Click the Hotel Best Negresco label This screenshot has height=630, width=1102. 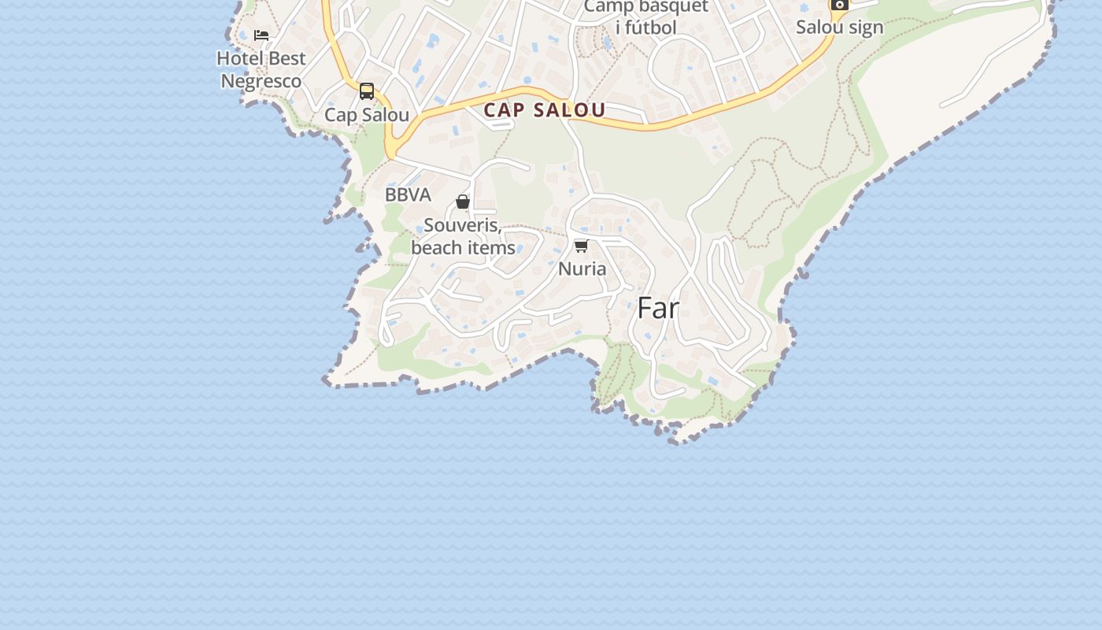(x=261, y=69)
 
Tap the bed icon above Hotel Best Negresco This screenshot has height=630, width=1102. (x=261, y=35)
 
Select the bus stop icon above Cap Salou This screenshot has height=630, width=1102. (x=367, y=91)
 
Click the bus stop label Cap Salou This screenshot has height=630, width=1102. (x=367, y=115)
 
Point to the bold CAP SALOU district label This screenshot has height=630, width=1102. (x=545, y=110)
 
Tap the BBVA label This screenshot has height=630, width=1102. (x=408, y=195)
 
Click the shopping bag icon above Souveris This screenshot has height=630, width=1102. (x=463, y=202)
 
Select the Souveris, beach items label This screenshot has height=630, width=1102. (x=463, y=236)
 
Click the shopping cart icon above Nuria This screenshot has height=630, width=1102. (x=582, y=246)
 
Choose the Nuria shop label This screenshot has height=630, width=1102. (x=582, y=269)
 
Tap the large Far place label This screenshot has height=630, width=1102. (x=658, y=308)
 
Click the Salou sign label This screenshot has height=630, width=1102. (x=839, y=27)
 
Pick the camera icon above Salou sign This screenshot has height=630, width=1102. (x=840, y=4)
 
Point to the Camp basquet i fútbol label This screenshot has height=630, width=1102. (x=646, y=17)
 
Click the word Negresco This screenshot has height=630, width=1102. (x=261, y=81)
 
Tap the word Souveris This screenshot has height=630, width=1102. (x=462, y=225)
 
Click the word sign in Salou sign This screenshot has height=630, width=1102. (x=865, y=27)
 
